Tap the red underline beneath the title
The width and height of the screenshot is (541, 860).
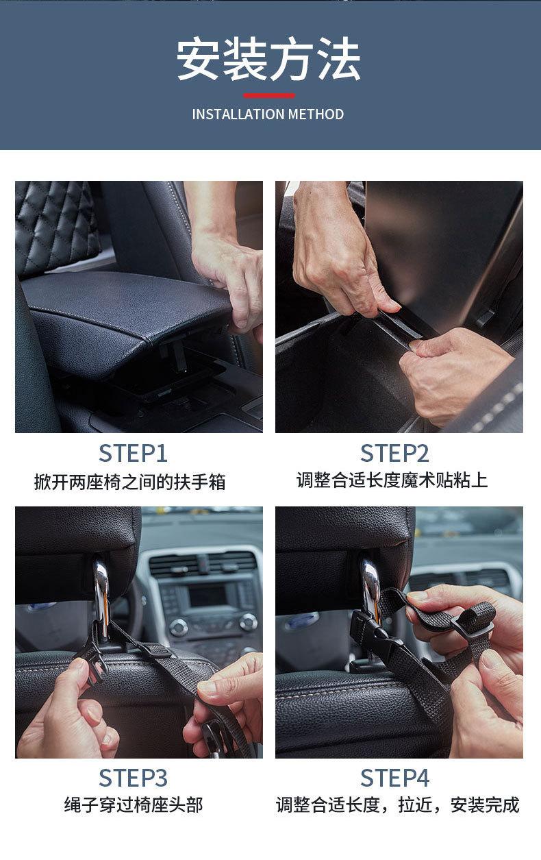[x=269, y=96]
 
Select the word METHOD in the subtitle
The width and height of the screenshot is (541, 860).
[x=316, y=114]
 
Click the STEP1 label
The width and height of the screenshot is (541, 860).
[x=133, y=454]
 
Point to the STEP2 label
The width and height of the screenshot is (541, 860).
[x=394, y=454]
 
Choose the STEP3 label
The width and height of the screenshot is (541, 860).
[x=133, y=778]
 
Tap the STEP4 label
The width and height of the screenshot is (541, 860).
[x=394, y=778]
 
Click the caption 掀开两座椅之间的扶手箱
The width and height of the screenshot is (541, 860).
[x=129, y=482]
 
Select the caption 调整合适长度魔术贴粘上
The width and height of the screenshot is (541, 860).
[x=392, y=480]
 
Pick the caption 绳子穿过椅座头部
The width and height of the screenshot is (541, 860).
[x=133, y=805]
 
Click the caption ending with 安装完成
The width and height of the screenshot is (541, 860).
[x=397, y=805]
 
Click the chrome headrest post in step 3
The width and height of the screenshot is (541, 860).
[x=101, y=599]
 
